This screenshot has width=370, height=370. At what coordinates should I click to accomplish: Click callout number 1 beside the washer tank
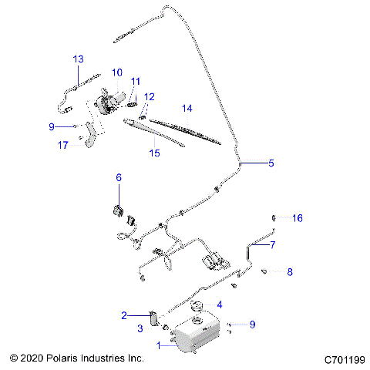[x=160, y=346]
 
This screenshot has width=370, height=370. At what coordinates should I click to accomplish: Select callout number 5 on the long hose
[x=271, y=163]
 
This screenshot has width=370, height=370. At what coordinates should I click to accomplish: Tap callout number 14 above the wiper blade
[x=187, y=108]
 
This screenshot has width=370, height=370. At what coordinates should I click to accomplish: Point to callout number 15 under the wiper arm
[x=154, y=153]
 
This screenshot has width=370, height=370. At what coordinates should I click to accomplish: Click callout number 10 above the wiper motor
[x=116, y=72]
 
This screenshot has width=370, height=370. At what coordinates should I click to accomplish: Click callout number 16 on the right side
[x=297, y=218]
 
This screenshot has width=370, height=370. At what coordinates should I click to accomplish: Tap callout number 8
[x=290, y=272]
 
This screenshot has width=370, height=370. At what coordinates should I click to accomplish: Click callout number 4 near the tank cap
[x=220, y=304]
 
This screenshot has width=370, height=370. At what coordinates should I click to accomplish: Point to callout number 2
[x=123, y=314]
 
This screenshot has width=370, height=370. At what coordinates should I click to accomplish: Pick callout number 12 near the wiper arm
[x=150, y=96]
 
